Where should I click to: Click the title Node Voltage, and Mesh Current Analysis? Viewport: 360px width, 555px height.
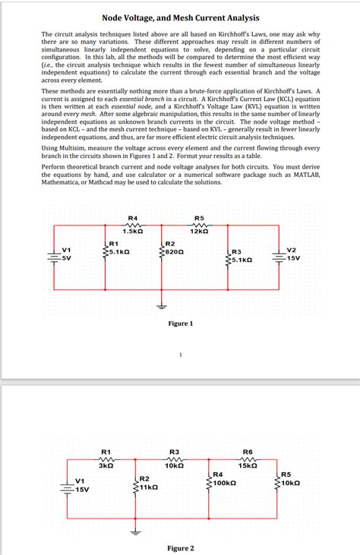click(180, 17)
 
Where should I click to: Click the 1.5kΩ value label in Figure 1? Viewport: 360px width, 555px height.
click(134, 231)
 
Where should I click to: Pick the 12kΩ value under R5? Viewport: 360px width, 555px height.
click(200, 231)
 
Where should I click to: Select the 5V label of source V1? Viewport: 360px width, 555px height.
click(67, 258)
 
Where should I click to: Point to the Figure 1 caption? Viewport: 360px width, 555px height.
click(180, 323)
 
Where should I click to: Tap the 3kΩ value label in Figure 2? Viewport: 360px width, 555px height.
click(106, 465)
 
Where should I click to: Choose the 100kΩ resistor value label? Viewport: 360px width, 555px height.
click(226, 482)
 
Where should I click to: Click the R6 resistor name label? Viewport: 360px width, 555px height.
click(248, 452)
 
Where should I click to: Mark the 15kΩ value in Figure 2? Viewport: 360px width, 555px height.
click(248, 465)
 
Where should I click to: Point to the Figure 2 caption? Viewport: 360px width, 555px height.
click(180, 548)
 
